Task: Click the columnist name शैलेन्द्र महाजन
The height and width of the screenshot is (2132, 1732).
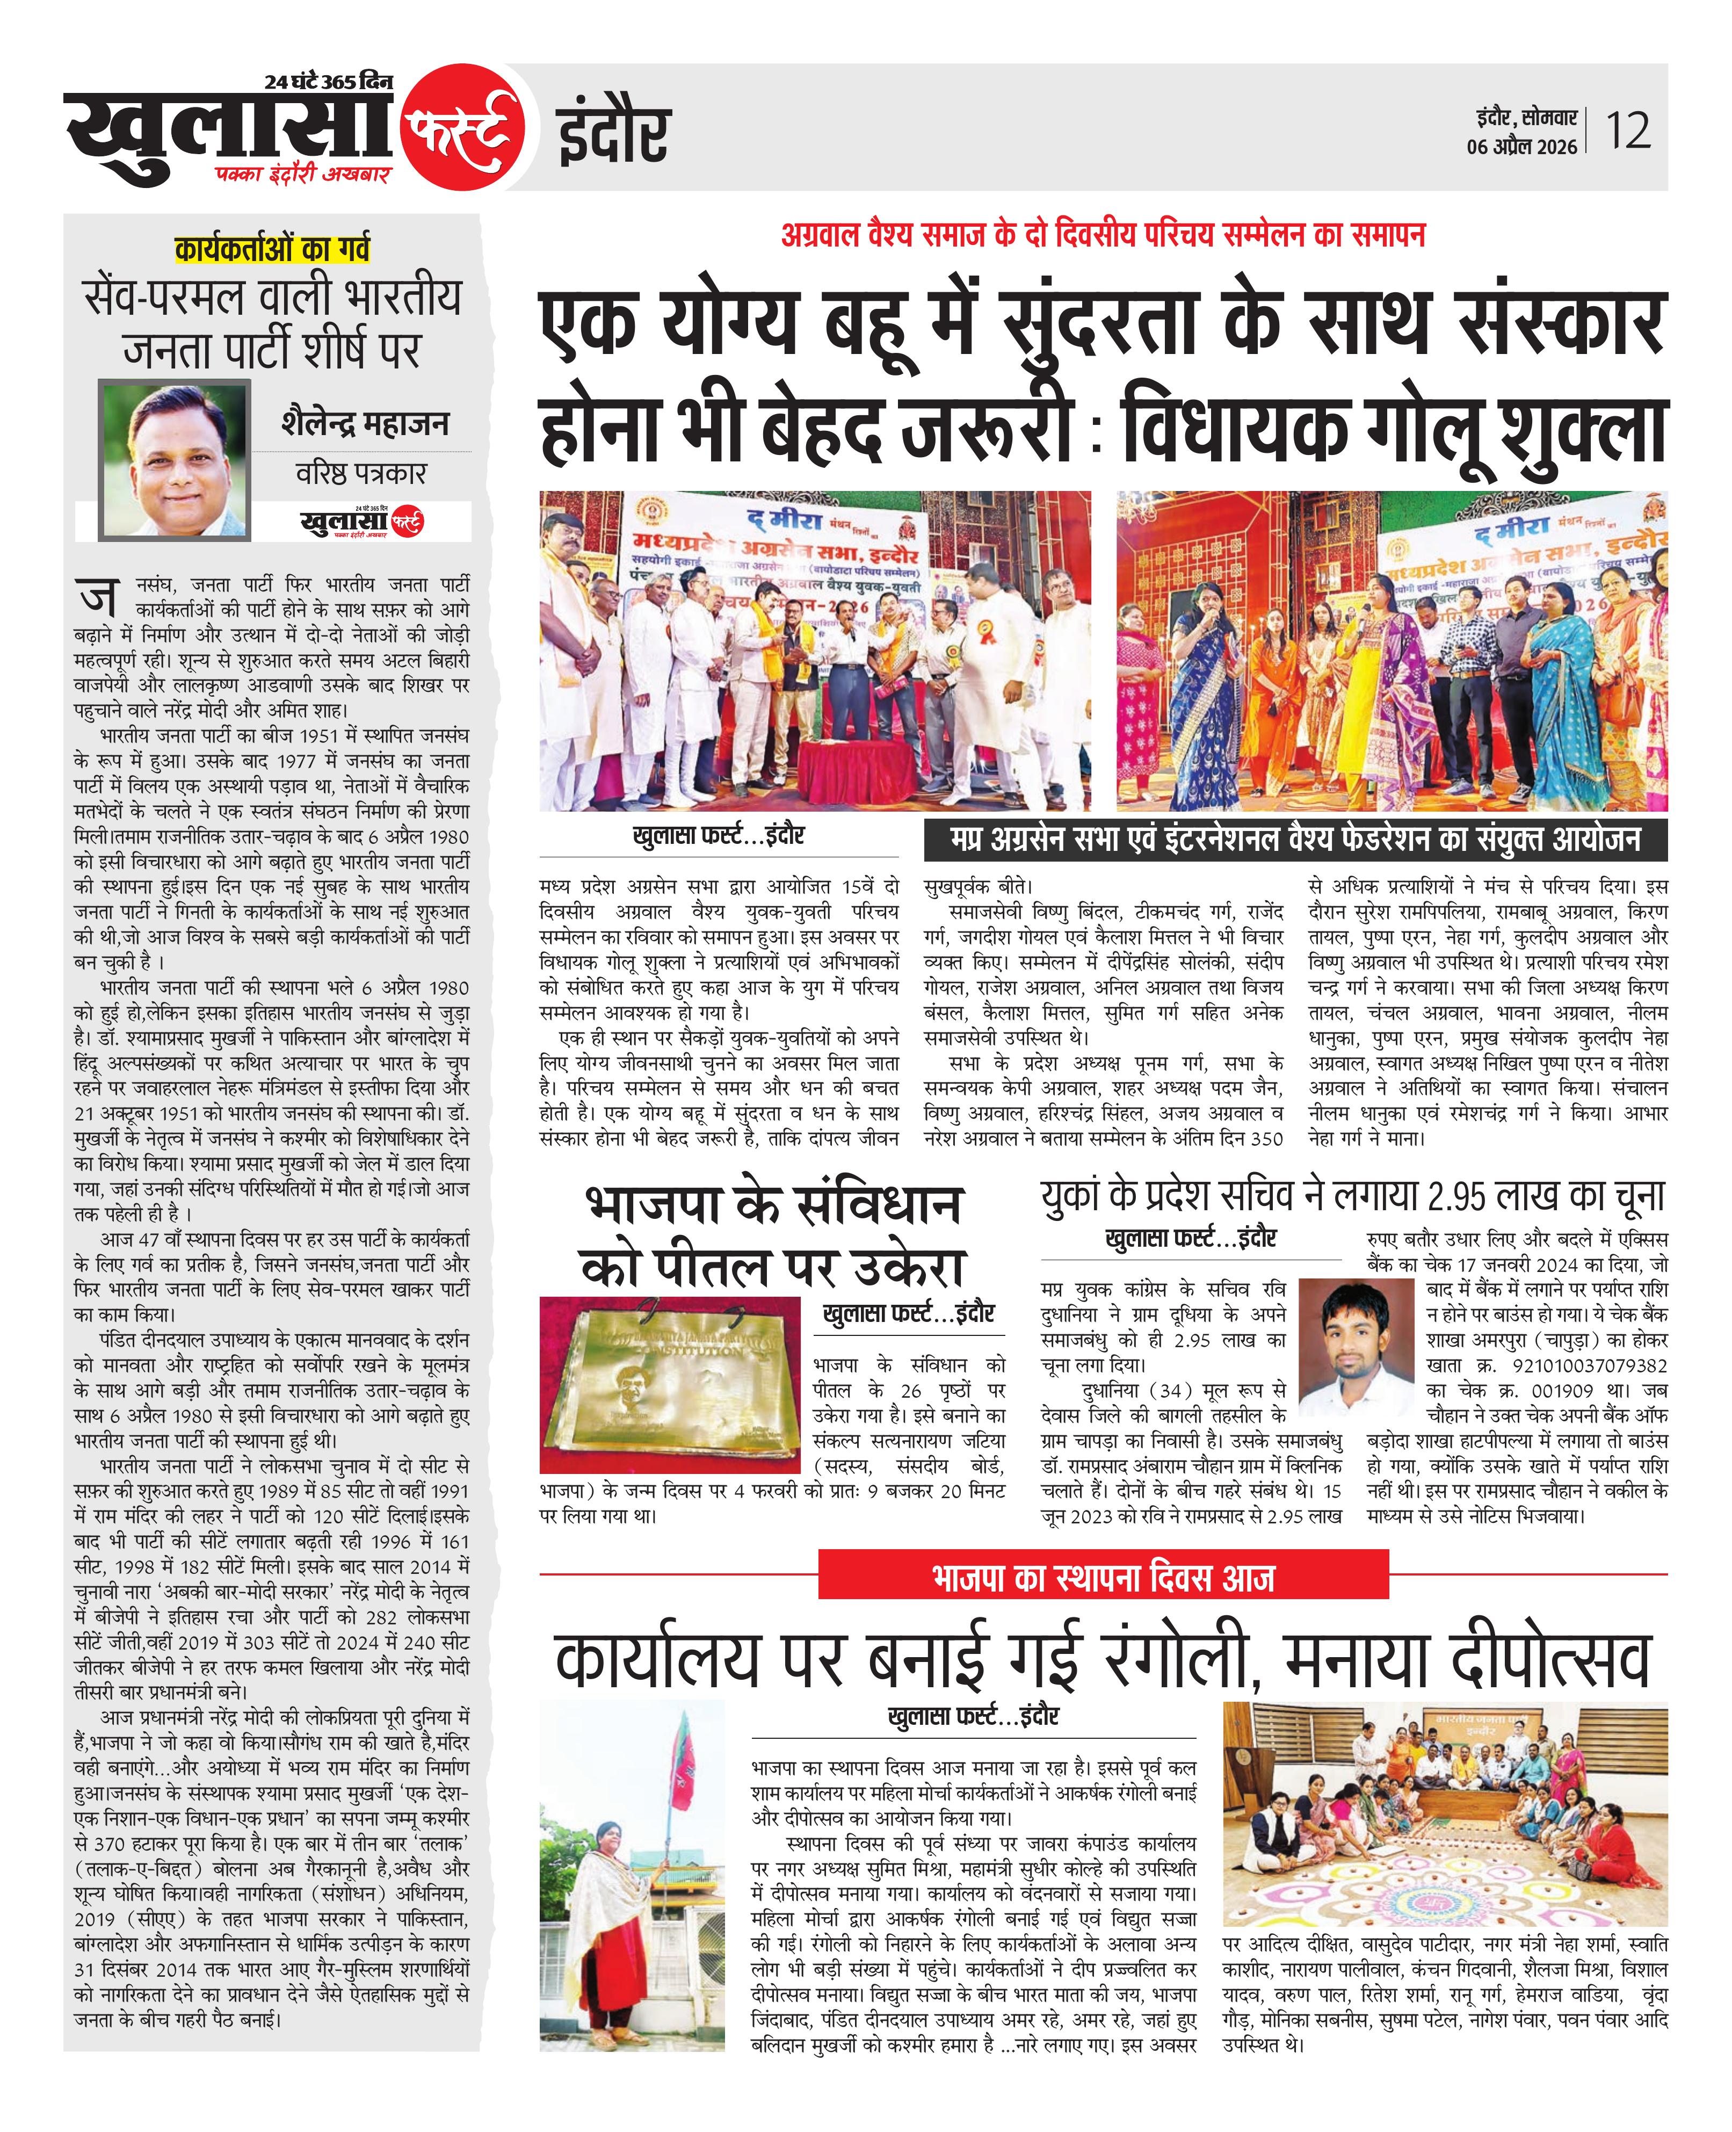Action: point(364,423)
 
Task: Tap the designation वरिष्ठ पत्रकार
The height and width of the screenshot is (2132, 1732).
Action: point(360,473)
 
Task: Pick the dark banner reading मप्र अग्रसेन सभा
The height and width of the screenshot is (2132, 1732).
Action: point(1294,840)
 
